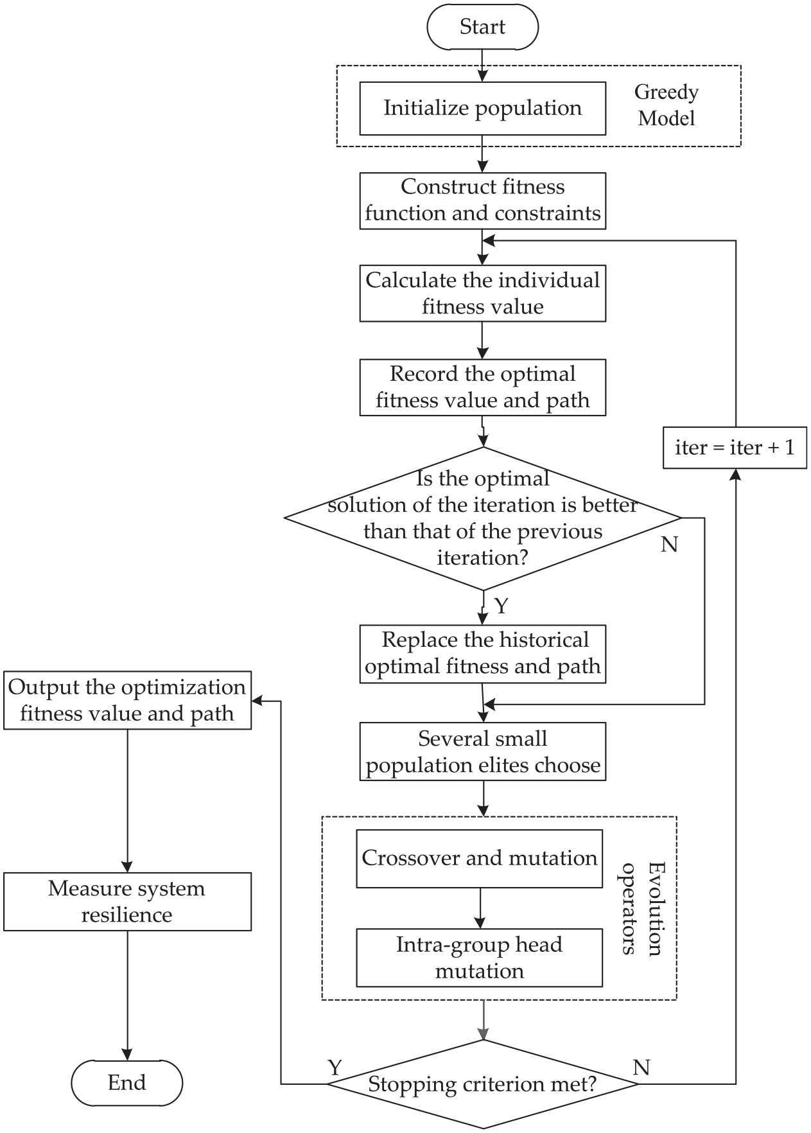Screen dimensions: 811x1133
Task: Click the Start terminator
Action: [x=482, y=26]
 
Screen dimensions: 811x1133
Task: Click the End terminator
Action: [x=126, y=1082]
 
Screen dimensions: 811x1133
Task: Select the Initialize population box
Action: [x=482, y=108]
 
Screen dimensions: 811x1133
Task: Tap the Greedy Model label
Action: [x=667, y=105]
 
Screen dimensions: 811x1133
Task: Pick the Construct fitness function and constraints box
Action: [x=482, y=200]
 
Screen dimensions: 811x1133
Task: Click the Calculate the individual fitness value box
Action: [x=482, y=294]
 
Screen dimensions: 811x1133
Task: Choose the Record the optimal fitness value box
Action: [x=482, y=387]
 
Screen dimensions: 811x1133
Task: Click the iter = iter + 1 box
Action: [x=735, y=448]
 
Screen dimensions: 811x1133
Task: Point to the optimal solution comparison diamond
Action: [x=482, y=518]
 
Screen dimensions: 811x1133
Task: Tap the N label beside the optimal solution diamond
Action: [x=669, y=545]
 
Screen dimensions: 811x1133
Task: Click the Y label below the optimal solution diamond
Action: [x=501, y=606]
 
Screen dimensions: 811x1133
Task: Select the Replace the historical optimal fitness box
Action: [x=482, y=654]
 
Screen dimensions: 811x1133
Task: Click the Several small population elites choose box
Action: [x=482, y=751]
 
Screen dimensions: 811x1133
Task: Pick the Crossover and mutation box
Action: [x=480, y=859]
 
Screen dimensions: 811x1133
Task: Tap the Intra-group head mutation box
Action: [x=480, y=958]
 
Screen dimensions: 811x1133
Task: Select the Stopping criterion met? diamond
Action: [x=482, y=1085]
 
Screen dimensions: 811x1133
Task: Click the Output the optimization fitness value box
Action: [x=127, y=700]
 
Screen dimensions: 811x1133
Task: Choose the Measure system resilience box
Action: [x=127, y=902]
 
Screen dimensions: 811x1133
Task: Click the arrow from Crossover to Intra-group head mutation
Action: [x=480, y=908]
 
